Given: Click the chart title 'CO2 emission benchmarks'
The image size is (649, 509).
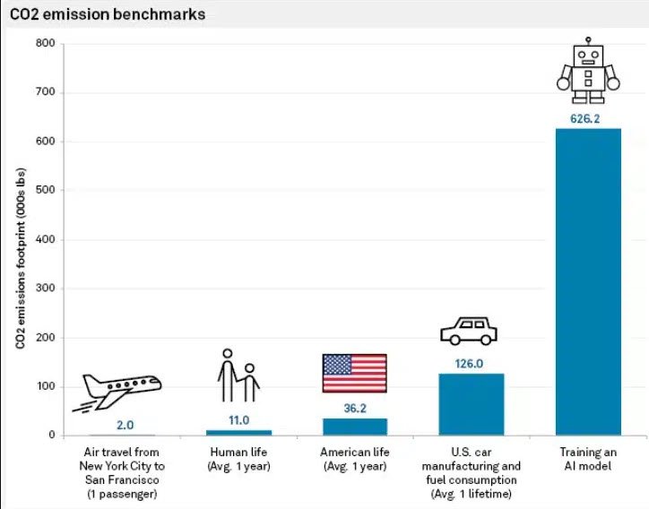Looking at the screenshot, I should pyautogui.click(x=107, y=14).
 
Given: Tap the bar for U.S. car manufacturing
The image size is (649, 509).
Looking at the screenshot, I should pyautogui.click(x=471, y=404).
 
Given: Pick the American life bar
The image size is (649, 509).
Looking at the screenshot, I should pyautogui.click(x=354, y=427).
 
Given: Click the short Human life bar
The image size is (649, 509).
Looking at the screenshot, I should pyautogui.click(x=238, y=433).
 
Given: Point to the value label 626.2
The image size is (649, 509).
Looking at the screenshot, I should pyautogui.click(x=588, y=118).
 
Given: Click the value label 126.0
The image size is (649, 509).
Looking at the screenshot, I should pyautogui.click(x=471, y=364).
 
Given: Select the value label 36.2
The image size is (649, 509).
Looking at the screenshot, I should pyautogui.click(x=354, y=408).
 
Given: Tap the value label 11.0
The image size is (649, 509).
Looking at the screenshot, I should pyautogui.click(x=238, y=419).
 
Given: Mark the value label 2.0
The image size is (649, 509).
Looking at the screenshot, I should pyautogui.click(x=125, y=425).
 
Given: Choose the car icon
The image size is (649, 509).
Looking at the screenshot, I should pyautogui.click(x=469, y=331).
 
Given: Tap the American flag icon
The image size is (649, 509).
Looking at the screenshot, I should pyautogui.click(x=355, y=373).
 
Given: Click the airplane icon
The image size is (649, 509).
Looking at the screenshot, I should pyautogui.click(x=121, y=390).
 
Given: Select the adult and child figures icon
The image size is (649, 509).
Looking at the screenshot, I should pyautogui.click(x=238, y=375).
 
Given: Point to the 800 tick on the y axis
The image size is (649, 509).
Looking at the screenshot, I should pyautogui.click(x=45, y=43).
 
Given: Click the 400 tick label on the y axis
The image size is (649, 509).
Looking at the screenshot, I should pyautogui.click(x=45, y=239).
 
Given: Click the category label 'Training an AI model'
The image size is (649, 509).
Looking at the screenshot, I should pyautogui.click(x=588, y=459).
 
